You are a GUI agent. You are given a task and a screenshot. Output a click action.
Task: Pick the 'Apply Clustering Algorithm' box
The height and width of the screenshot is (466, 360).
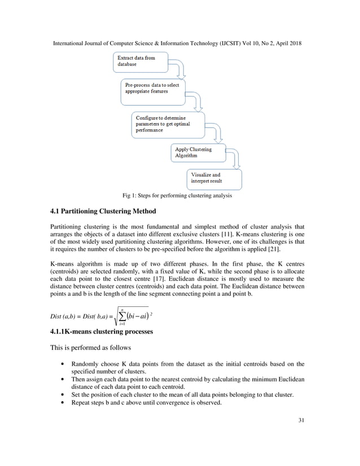click(x=197, y=153)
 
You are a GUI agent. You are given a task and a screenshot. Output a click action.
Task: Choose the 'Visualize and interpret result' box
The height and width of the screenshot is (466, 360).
click(x=214, y=178)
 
